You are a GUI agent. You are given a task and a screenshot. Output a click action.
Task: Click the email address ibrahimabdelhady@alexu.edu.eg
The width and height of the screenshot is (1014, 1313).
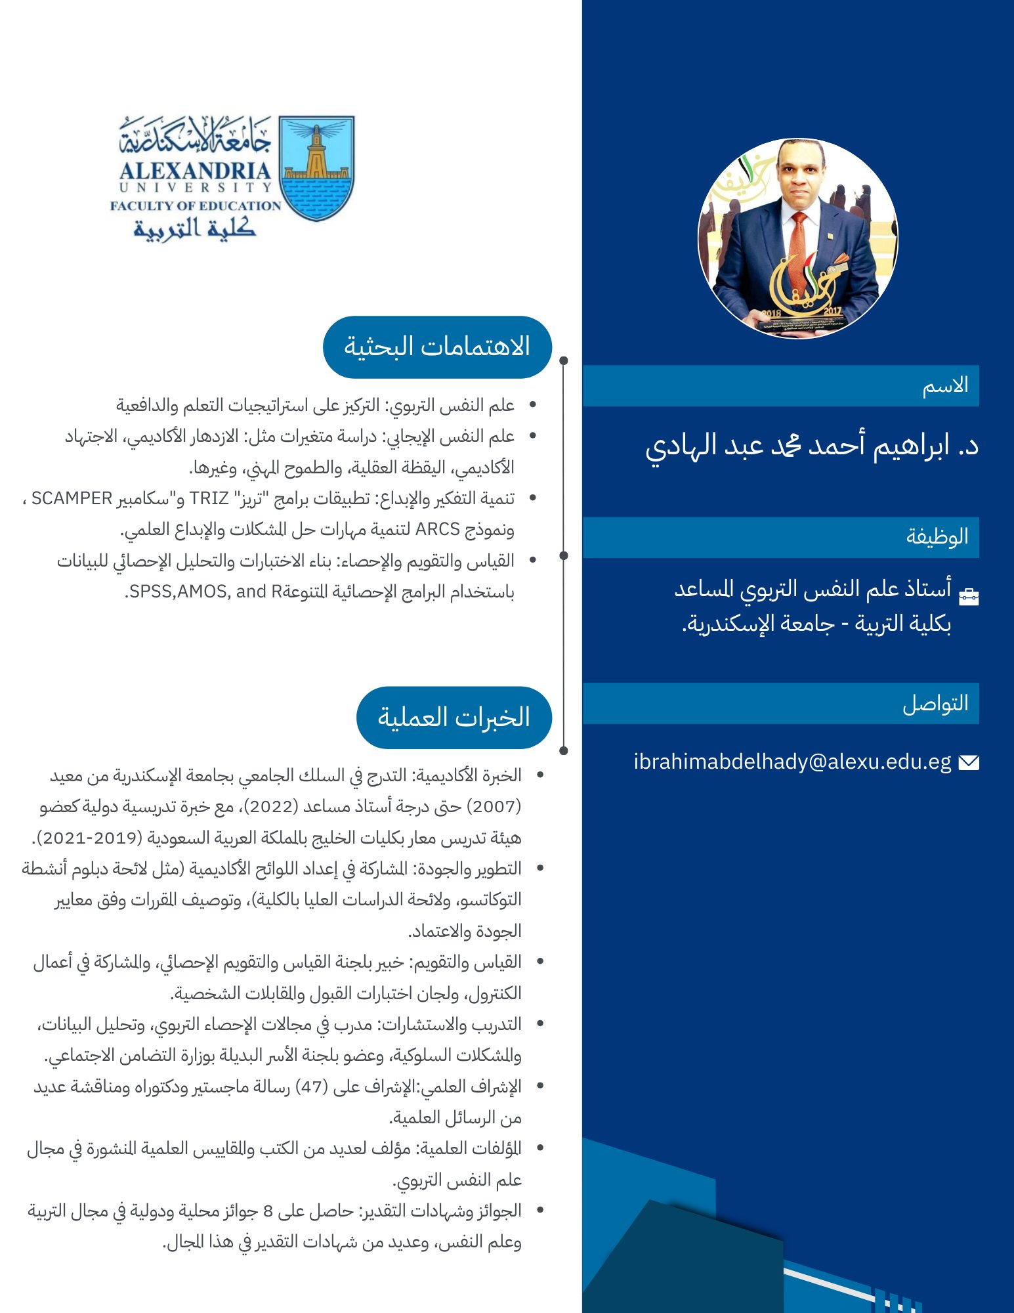tap(792, 762)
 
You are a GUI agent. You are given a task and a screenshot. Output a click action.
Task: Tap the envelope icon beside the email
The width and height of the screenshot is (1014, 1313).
tap(968, 762)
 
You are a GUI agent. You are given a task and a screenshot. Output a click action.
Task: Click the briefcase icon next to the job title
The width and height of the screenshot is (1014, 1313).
tap(968, 595)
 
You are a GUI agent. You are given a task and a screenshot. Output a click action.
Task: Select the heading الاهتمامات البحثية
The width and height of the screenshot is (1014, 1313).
tap(437, 347)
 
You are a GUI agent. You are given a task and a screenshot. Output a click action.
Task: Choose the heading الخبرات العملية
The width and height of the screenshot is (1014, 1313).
tap(454, 717)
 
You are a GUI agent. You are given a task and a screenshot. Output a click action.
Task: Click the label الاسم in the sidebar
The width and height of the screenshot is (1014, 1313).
tap(945, 385)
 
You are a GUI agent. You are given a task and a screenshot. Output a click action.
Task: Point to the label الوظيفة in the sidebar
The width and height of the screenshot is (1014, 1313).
tap(937, 536)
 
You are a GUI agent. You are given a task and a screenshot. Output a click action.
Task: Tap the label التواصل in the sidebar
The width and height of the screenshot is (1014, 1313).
tap(935, 703)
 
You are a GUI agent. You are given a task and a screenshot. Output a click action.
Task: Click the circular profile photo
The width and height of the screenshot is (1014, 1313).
tap(797, 238)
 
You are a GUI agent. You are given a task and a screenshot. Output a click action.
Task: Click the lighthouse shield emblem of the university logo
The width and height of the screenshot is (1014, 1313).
tap(316, 167)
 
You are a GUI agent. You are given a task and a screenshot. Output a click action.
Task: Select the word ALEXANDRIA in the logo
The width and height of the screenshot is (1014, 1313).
tap(195, 171)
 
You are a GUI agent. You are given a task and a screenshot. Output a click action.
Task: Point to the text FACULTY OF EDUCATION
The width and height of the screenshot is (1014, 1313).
tap(195, 205)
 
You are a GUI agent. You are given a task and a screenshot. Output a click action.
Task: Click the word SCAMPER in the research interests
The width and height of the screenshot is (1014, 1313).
tap(72, 499)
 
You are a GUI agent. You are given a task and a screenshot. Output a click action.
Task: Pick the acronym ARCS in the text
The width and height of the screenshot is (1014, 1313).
tap(437, 529)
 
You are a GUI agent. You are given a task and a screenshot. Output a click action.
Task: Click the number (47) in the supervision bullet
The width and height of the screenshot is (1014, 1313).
tap(311, 1087)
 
